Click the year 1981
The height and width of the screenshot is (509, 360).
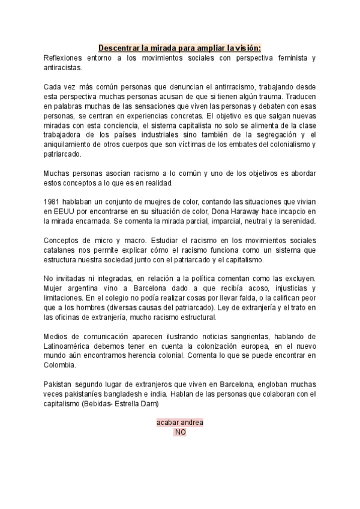(x=53, y=202)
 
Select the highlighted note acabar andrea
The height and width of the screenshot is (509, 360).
(x=180, y=423)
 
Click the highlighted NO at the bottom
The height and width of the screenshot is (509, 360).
(x=180, y=432)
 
